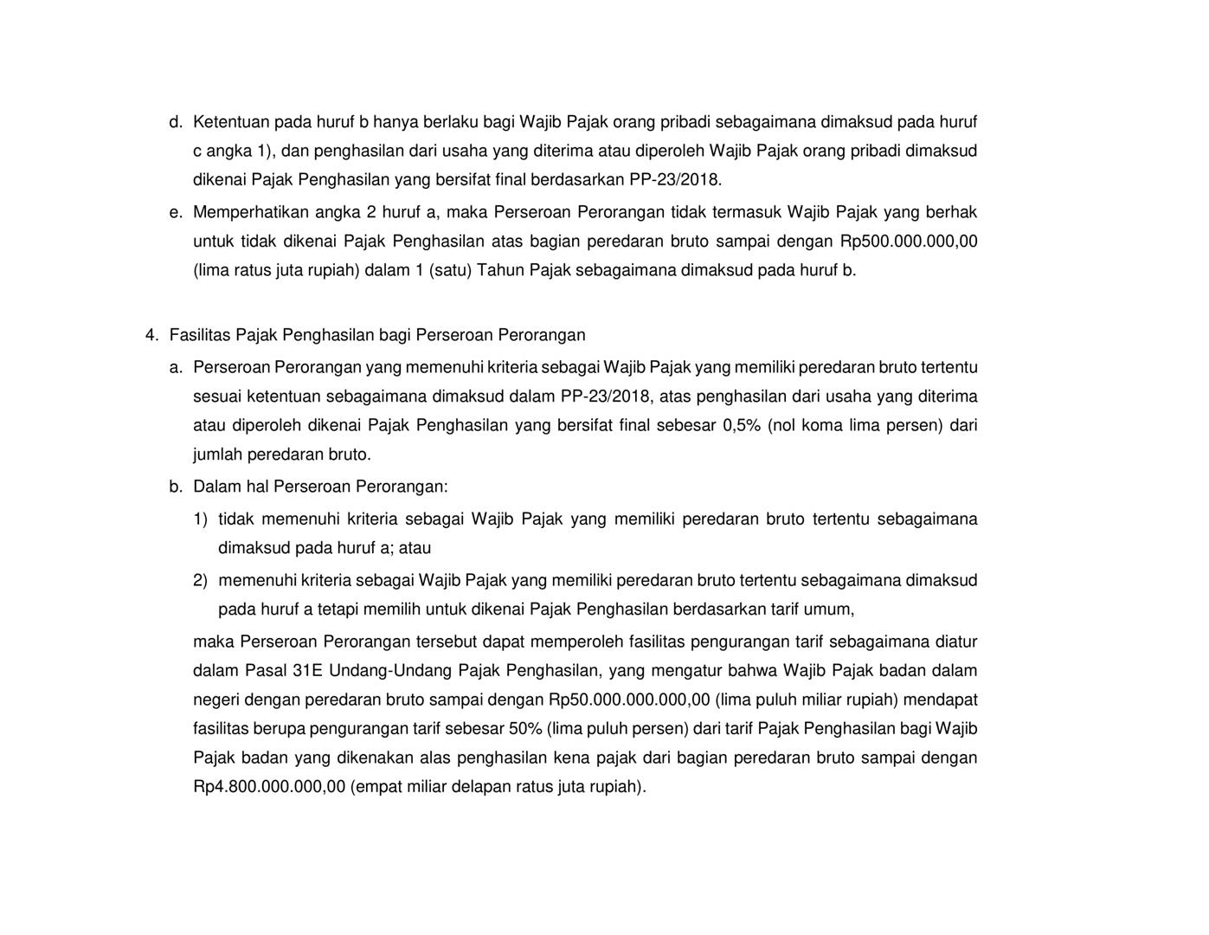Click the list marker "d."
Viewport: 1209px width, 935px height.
tap(176, 122)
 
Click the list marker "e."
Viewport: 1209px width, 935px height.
tap(176, 212)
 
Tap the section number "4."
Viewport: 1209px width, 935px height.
tap(151, 335)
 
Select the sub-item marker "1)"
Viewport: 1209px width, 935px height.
tap(200, 519)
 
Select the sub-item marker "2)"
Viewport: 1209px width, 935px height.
tap(200, 580)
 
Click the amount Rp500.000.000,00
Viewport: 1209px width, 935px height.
tap(909, 242)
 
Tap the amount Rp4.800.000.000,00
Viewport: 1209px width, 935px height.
tap(269, 787)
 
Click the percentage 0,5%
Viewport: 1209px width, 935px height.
tap(741, 426)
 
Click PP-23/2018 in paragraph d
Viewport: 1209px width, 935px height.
tap(679, 180)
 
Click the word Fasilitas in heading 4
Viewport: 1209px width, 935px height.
tap(200, 335)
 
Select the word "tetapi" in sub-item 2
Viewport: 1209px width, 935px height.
tap(338, 609)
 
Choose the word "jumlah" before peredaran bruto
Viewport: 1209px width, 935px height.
tap(217, 455)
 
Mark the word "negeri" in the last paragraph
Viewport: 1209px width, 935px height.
tap(216, 700)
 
